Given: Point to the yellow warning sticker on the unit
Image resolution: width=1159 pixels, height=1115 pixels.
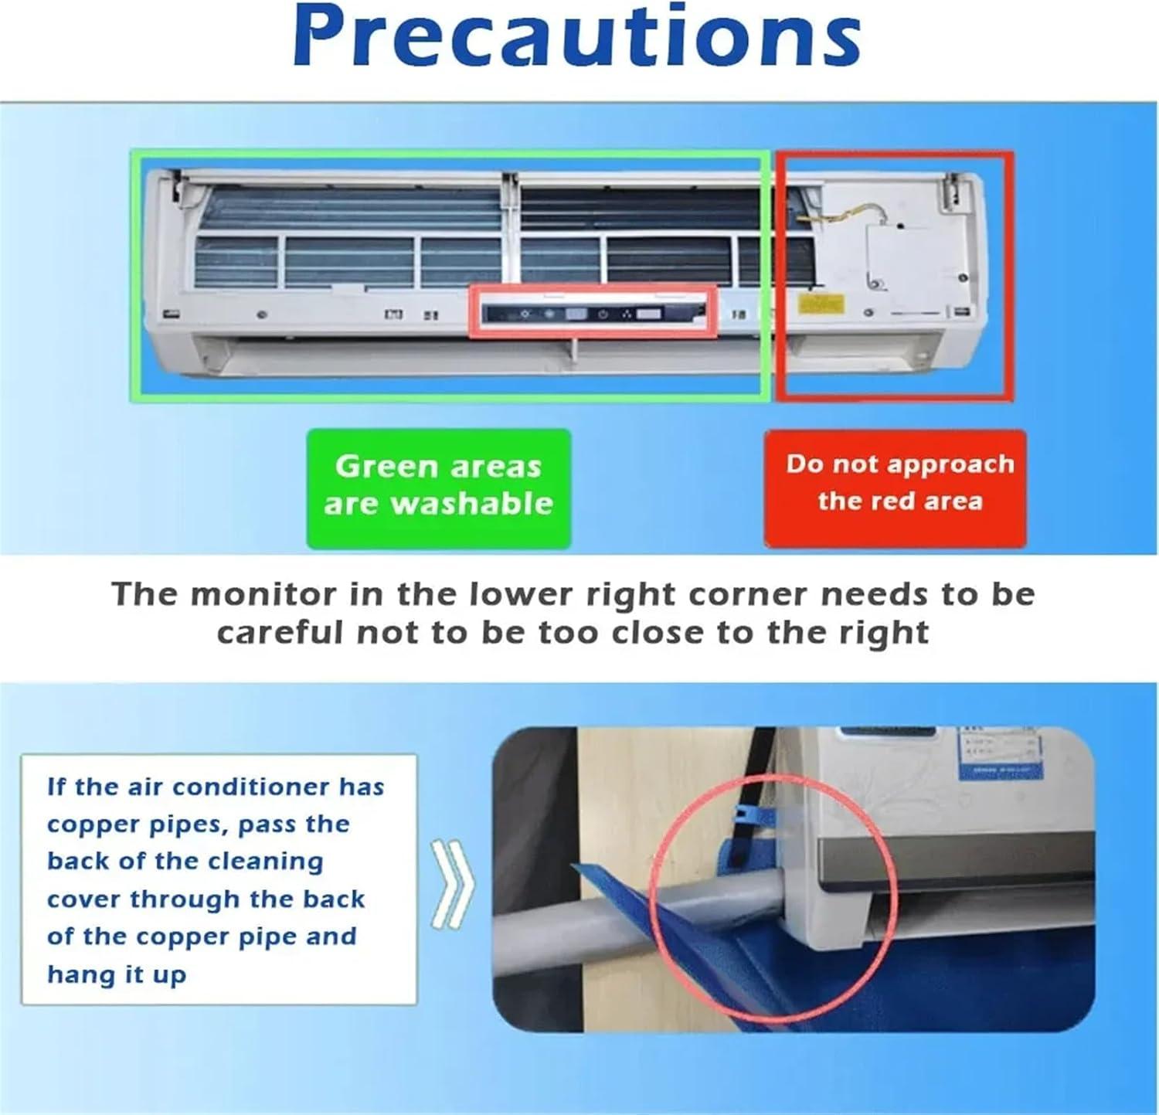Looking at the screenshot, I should pos(821,304).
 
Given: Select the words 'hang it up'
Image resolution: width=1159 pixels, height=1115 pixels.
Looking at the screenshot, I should pos(117,974).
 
